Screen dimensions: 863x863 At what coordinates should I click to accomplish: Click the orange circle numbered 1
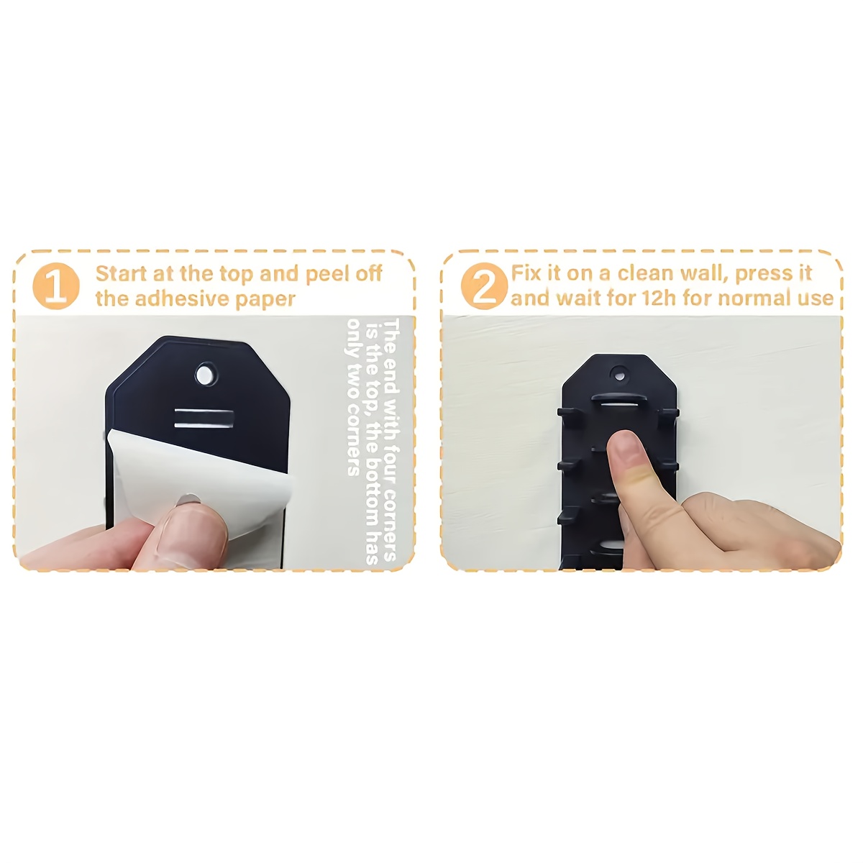(56, 286)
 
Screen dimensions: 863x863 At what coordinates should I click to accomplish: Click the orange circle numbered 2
(484, 286)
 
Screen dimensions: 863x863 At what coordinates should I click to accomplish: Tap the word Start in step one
(122, 273)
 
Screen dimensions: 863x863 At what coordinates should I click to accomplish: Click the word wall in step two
(706, 273)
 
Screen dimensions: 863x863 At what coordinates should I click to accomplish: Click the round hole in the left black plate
(205, 373)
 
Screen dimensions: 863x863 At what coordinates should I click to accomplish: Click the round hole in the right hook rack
(619, 375)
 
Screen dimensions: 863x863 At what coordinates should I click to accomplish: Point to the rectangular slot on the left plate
(204, 419)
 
